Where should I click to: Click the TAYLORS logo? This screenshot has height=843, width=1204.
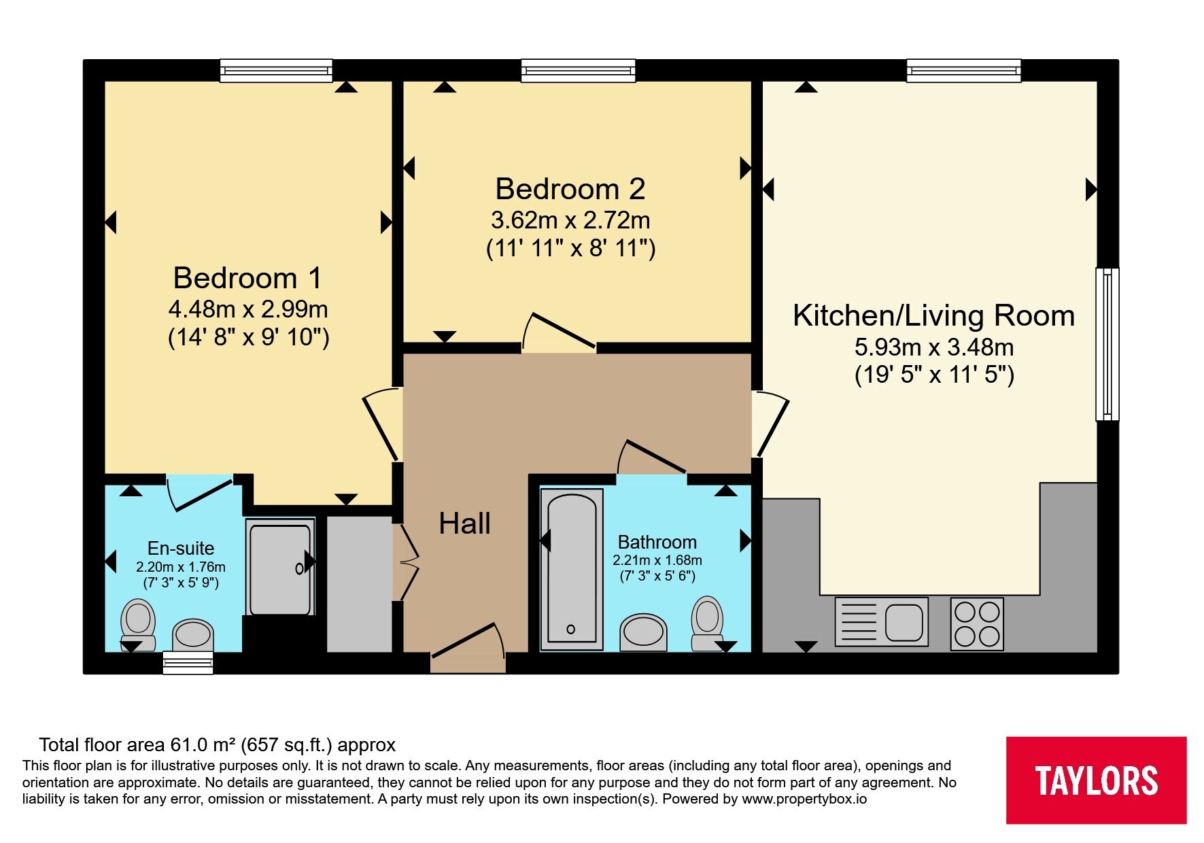tap(1096, 780)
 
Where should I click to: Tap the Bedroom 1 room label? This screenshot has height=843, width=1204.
tap(247, 277)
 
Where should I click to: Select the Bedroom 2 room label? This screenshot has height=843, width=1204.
tap(570, 188)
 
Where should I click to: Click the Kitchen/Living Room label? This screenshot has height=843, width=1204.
tap(934, 315)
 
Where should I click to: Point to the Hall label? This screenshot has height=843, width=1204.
tap(465, 523)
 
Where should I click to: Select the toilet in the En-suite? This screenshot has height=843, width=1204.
tap(138, 625)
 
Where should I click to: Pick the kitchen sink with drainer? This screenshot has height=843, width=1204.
tap(881, 621)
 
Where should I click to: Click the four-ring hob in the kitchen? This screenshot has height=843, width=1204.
tap(977, 623)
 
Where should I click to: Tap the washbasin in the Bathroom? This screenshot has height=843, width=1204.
tap(643, 632)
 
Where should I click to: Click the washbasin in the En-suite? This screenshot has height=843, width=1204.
tap(194, 635)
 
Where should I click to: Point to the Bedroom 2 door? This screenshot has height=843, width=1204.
tap(559, 332)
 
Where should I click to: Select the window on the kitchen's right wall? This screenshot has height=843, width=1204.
tap(1107, 344)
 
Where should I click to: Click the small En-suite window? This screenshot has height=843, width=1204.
tap(188, 662)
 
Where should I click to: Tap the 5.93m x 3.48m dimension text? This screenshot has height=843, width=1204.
tap(934, 347)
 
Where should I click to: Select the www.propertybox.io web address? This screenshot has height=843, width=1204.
tap(804, 799)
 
